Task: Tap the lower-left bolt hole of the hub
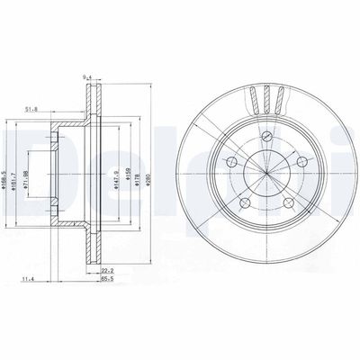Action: pyautogui.click(x=246, y=202)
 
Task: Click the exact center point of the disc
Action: pyautogui.click(x=266, y=171)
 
